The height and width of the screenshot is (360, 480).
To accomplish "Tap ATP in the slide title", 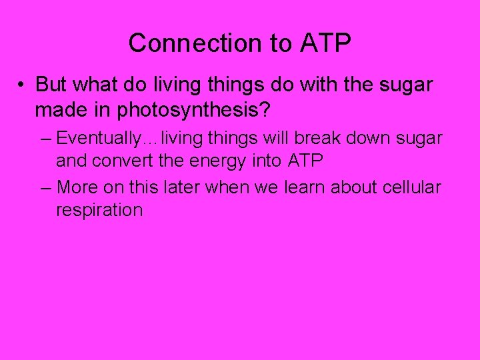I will click(325, 43).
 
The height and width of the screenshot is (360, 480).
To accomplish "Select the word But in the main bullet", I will click(51, 85).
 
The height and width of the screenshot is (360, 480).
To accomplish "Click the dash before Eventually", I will click(45, 139).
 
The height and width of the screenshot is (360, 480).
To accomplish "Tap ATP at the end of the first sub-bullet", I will click(306, 161).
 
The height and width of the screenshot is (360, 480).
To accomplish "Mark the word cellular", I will click(412, 188).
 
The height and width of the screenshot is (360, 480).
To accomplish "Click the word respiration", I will click(99, 211).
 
